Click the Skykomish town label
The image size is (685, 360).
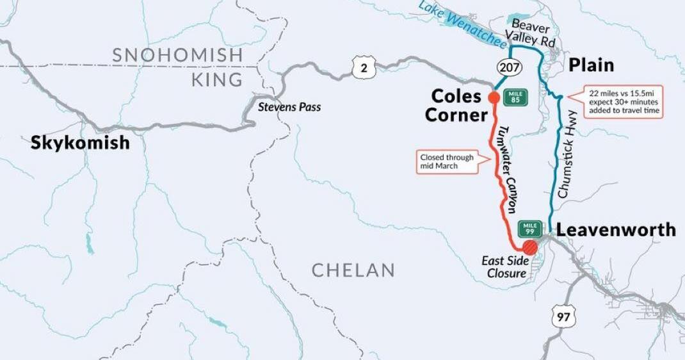[80, 142]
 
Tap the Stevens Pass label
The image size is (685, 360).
[289, 107]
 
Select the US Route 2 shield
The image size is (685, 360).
[364, 67]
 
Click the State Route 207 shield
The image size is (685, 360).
[508, 67]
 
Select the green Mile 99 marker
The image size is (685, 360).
[530, 228]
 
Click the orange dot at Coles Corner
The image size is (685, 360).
[494, 97]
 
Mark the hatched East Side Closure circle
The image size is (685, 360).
[530, 247]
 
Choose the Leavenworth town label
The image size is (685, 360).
[616, 229]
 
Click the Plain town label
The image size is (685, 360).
[591, 65]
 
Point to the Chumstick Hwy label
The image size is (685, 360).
[568, 154]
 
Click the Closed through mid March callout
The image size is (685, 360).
[447, 162]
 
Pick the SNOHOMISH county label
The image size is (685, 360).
[177, 55]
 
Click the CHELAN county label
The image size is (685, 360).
[353, 270]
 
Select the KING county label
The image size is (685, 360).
[217, 80]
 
